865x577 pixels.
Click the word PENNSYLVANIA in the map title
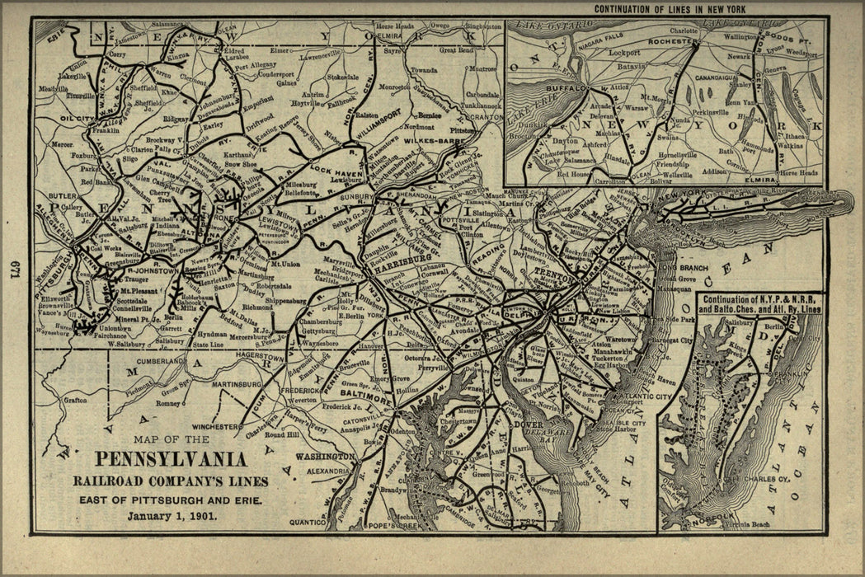pyautogui.click(x=172, y=460)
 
